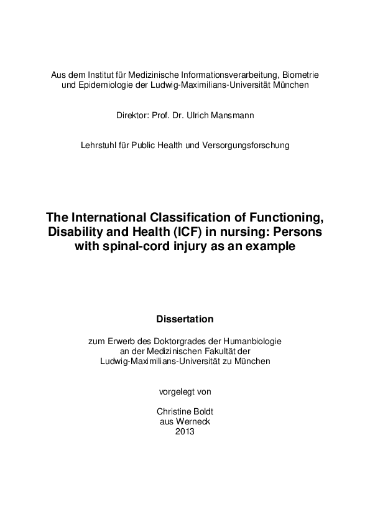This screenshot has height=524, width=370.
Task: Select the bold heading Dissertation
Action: click(x=185, y=319)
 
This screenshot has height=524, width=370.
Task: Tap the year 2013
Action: click(x=185, y=431)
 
